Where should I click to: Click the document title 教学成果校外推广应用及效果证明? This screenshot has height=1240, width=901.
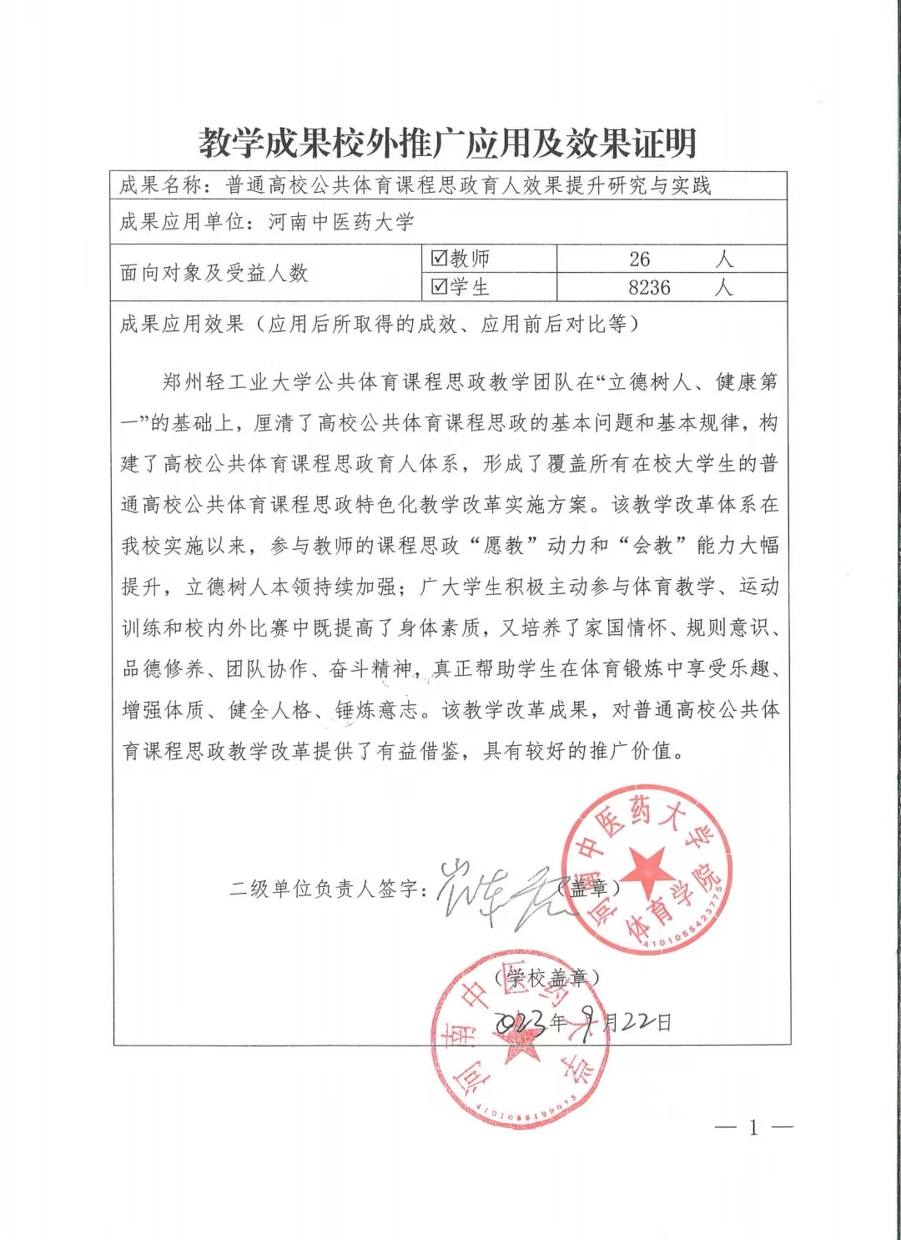click(448, 143)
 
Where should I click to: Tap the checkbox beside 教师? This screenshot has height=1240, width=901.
click(440, 258)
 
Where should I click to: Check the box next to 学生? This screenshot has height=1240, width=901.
click(440, 287)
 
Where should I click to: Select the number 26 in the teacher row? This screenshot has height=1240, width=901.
click(640, 260)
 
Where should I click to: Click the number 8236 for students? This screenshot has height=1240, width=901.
click(649, 288)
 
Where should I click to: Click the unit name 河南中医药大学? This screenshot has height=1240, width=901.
click(341, 222)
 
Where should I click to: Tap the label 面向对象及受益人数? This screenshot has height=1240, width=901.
click(214, 273)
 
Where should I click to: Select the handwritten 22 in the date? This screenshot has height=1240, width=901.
click(637, 1021)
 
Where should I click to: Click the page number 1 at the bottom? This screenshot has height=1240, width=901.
click(753, 1128)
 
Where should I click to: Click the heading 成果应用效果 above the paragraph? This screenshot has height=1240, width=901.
click(182, 324)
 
